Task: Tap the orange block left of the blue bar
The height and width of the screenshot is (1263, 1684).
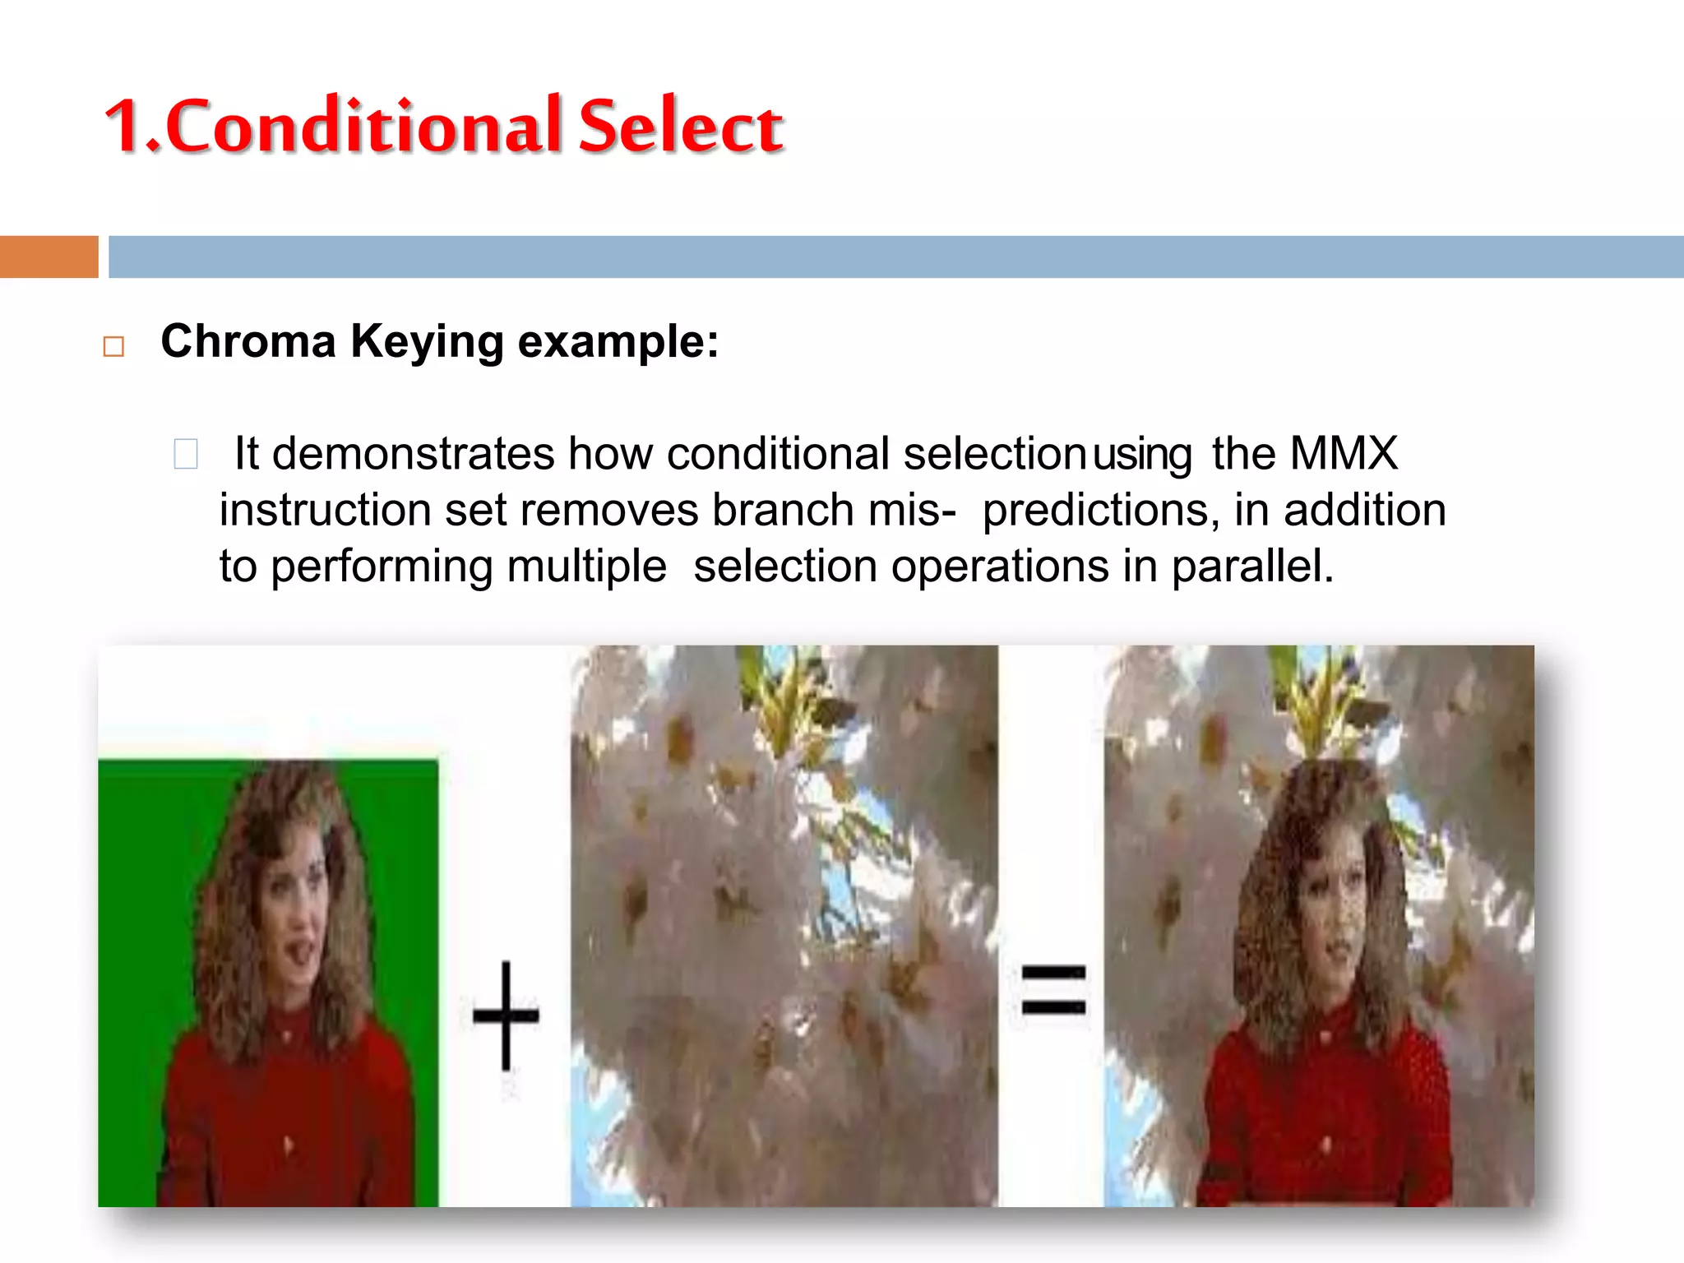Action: [x=49, y=257]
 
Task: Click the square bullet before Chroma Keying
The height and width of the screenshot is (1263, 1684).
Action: [x=113, y=346]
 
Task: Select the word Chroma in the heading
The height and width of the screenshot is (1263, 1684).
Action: [x=248, y=341]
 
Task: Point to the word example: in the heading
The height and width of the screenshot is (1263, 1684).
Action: [x=618, y=343]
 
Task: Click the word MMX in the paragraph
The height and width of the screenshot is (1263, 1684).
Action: [x=1344, y=453]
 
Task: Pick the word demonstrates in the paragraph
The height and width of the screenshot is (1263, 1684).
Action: [x=414, y=454]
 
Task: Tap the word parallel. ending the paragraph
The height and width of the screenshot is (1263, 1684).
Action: [x=1251, y=567]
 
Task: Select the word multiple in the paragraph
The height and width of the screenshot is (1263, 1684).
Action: [x=586, y=567]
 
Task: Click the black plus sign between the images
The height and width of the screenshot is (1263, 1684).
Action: [x=506, y=1015]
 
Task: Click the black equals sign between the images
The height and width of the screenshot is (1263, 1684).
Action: [x=1053, y=989]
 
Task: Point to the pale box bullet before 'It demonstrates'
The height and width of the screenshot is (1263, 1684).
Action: [x=186, y=454]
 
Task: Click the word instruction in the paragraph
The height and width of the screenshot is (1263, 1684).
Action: [x=324, y=511]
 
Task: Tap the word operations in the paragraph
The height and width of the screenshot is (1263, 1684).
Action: [x=1000, y=567]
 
